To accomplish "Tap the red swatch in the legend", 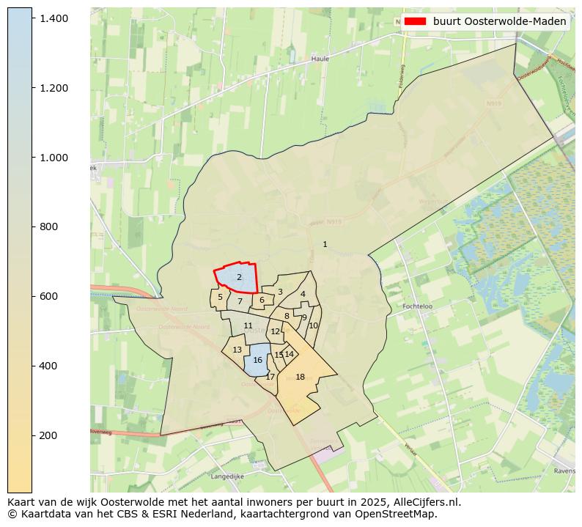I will click(x=415, y=21).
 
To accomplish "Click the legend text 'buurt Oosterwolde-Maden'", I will click(x=499, y=21).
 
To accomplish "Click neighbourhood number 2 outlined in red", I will click(x=239, y=278).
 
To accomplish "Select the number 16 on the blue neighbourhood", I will click(x=257, y=361).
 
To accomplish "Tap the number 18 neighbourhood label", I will click(x=300, y=377).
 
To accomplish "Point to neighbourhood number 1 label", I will click(x=325, y=244).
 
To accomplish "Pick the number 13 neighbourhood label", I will click(x=237, y=350).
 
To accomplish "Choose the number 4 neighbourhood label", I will click(x=303, y=295).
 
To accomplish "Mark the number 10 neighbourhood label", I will click(x=313, y=325).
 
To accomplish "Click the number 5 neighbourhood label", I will click(x=220, y=297).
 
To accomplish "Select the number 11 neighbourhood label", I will click(x=248, y=326).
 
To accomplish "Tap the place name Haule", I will click(x=320, y=59).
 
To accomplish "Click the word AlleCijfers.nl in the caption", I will click(x=424, y=502).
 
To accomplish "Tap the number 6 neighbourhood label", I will click(x=262, y=300).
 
